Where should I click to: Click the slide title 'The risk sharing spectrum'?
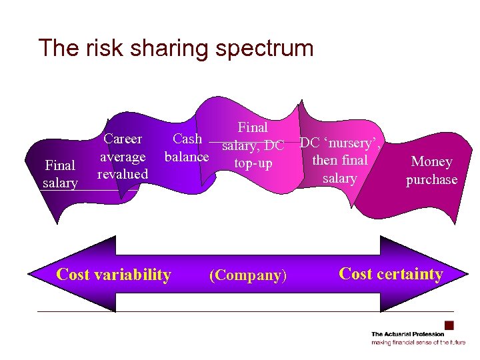175,48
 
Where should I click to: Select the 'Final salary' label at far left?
60,173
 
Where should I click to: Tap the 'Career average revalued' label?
123,157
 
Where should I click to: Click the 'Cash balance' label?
187,148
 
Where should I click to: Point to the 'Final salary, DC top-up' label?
253,145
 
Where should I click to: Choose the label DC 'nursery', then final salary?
339,160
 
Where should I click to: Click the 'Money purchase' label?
431,171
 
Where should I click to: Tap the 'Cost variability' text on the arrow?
114,274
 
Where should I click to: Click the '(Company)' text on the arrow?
248,275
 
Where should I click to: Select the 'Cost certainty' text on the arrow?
391,273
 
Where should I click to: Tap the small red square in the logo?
449,325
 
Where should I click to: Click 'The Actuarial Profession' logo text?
408,334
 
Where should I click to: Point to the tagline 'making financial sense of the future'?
418,342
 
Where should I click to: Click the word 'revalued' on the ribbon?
123,174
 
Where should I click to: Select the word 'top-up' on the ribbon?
253,163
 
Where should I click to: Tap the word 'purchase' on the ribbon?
431,179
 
